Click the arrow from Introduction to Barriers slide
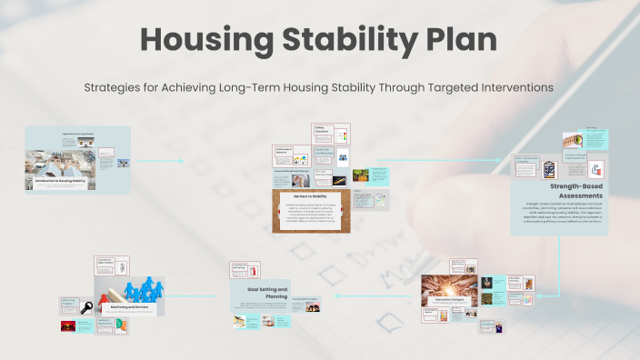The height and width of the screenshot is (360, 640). (169, 161)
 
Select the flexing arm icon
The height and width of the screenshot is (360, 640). (596, 169)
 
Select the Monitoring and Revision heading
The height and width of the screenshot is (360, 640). (121, 308)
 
